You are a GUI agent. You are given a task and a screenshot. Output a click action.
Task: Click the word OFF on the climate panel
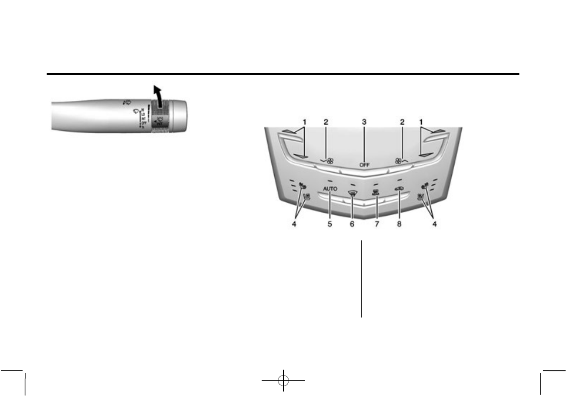364,165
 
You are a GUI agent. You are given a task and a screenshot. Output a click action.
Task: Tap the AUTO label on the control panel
329,189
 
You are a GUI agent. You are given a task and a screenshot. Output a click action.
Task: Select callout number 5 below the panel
329,224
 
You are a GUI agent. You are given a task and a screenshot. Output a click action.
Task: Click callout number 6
353,224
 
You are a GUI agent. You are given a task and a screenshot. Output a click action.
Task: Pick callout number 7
376,224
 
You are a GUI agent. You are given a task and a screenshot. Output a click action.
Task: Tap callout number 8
399,224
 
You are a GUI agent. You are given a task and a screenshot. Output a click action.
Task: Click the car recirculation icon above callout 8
399,190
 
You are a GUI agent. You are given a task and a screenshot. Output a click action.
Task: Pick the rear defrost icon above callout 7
376,192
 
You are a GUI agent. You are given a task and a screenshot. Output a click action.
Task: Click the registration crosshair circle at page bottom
283,380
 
